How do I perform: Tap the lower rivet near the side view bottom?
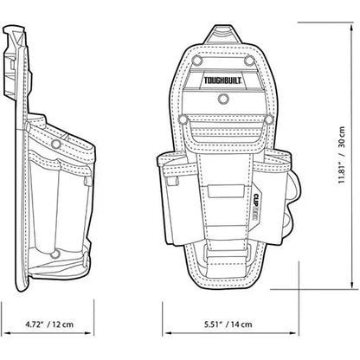(x=54, y=254)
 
